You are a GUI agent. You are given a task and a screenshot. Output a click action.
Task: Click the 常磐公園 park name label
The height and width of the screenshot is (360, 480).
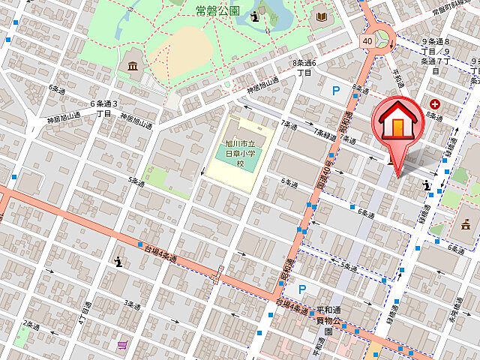click(217, 10)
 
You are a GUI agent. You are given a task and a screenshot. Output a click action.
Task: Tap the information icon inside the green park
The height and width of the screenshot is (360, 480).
click(257, 16)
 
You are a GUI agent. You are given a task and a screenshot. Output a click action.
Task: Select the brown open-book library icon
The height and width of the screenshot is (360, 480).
click(322, 16)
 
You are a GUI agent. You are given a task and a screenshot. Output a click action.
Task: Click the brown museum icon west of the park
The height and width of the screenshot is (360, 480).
click(133, 67)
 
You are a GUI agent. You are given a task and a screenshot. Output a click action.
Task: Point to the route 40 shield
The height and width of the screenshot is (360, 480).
click(367, 41)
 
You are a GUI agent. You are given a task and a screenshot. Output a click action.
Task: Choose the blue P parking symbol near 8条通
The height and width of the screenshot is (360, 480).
click(335, 91)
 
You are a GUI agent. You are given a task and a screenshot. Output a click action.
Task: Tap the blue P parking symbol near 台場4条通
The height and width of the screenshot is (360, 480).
click(302, 289)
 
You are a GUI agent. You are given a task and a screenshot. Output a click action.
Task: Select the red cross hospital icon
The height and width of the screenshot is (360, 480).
click(434, 104)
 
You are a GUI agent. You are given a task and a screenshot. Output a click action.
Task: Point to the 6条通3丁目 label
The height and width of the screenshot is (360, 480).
click(103, 108)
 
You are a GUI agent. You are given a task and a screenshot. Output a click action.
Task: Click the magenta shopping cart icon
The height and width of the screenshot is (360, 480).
click(121, 344)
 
